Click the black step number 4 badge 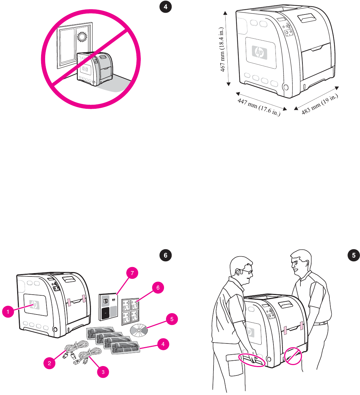point(165,7)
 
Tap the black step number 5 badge point(354,255)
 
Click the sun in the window point(82,36)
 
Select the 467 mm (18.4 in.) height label point(223,50)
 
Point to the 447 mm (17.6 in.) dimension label point(259,107)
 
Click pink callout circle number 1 point(8,312)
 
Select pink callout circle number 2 point(50,363)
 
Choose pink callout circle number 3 point(103,372)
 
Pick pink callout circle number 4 point(163,344)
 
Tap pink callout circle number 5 point(172,319)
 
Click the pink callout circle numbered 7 point(132,273)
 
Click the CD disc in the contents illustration point(139,331)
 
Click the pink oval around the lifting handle point(252,360)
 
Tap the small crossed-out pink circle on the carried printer point(292,356)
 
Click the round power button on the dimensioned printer point(286,87)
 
